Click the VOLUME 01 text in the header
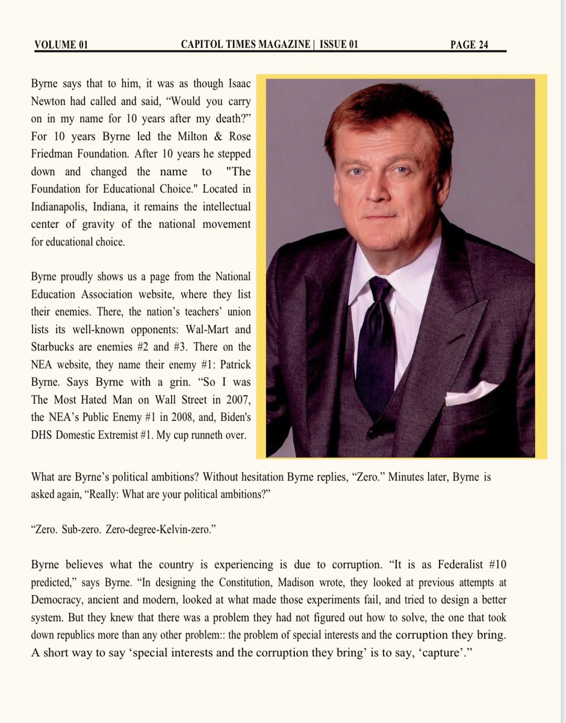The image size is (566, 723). click(61, 45)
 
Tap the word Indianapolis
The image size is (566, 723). click(63, 206)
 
